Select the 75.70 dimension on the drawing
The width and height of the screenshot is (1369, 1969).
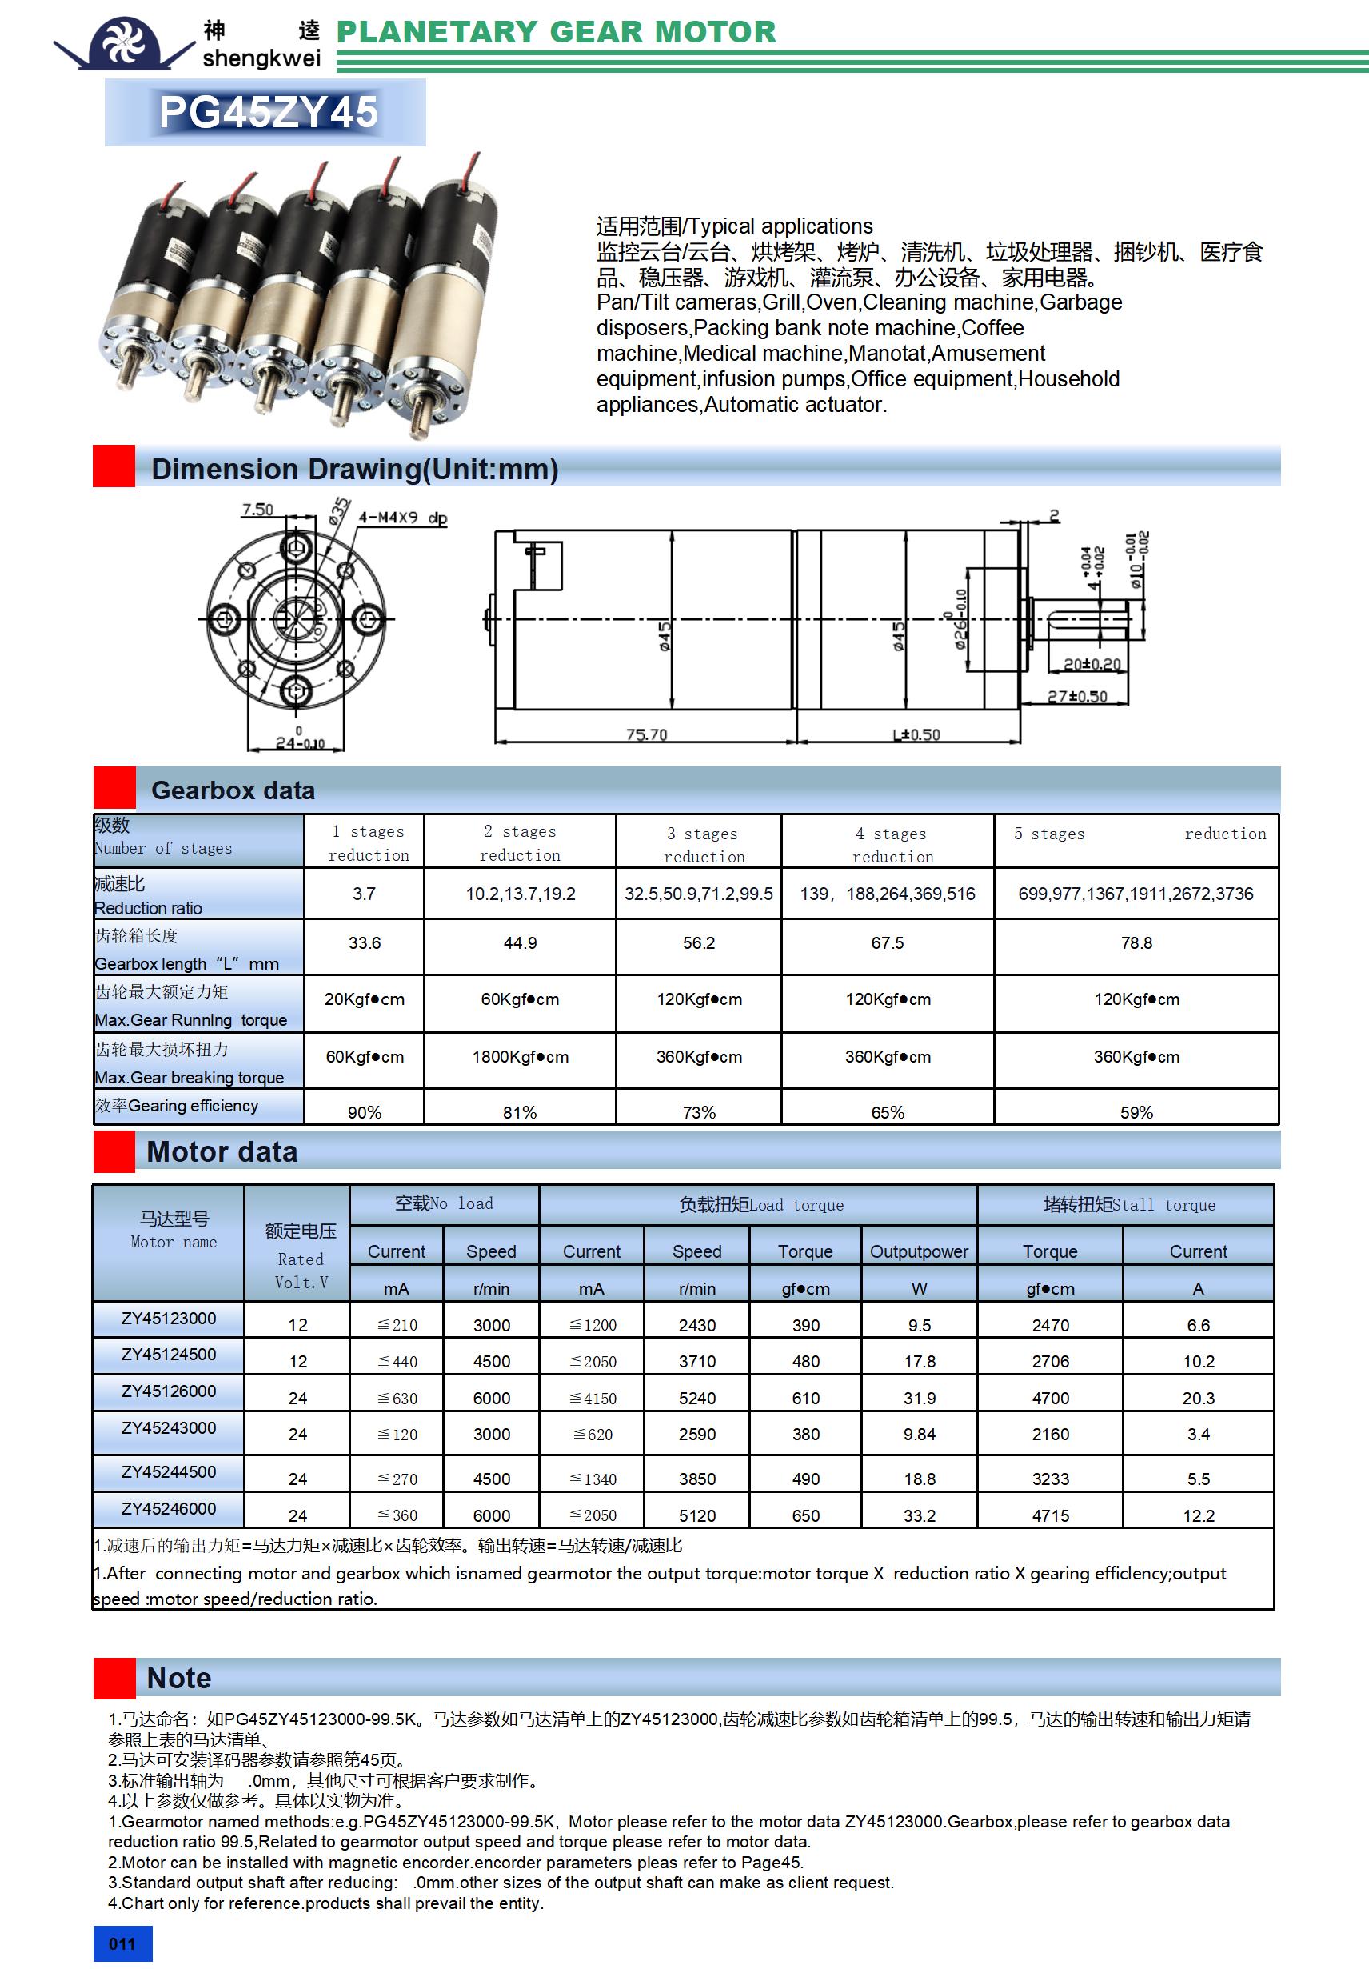pyautogui.click(x=646, y=734)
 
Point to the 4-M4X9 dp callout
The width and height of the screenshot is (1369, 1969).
pyautogui.click(x=402, y=518)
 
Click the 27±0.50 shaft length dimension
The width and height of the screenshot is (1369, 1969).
pyautogui.click(x=1078, y=696)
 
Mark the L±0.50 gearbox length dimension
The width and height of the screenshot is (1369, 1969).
pyautogui.click(x=916, y=734)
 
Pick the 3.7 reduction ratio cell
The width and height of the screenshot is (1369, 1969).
pyautogui.click(x=365, y=894)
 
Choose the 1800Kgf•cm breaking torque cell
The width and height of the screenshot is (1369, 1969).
pyautogui.click(x=520, y=1057)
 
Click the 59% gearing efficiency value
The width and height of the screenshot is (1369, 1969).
pyautogui.click(x=1136, y=1112)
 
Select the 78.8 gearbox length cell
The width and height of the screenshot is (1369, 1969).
pyautogui.click(x=1136, y=943)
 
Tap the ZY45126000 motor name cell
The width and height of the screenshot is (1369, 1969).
pyautogui.click(x=169, y=1391)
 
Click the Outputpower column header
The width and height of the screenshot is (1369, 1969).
pyautogui.click(x=919, y=1251)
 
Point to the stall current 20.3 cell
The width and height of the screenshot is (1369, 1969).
pyautogui.click(x=1198, y=1398)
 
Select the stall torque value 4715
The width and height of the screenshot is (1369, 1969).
pyautogui.click(x=1050, y=1515)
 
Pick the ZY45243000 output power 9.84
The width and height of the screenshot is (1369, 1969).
pyautogui.click(x=919, y=1434)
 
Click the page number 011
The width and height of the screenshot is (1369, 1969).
pyautogui.click(x=122, y=1943)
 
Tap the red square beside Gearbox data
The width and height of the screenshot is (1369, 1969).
pyautogui.click(x=114, y=788)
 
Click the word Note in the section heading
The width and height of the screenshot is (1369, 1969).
pyautogui.click(x=179, y=1679)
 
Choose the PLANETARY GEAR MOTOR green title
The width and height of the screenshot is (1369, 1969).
pyautogui.click(x=557, y=32)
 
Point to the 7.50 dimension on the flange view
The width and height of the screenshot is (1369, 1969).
pyautogui.click(x=257, y=510)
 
